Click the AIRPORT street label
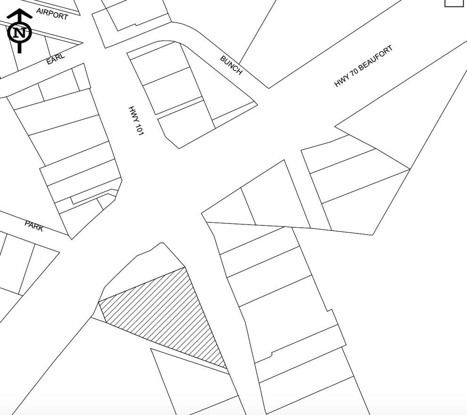click(52, 14)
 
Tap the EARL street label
click(56, 58)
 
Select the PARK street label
click(34, 226)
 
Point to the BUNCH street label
click(231, 65)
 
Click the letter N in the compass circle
click(20, 32)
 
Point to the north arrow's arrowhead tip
click(20, 9)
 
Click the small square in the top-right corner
click(456, 2)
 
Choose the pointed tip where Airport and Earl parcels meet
click(82, 43)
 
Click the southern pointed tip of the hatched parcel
click(226, 368)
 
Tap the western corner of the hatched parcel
click(99, 301)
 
